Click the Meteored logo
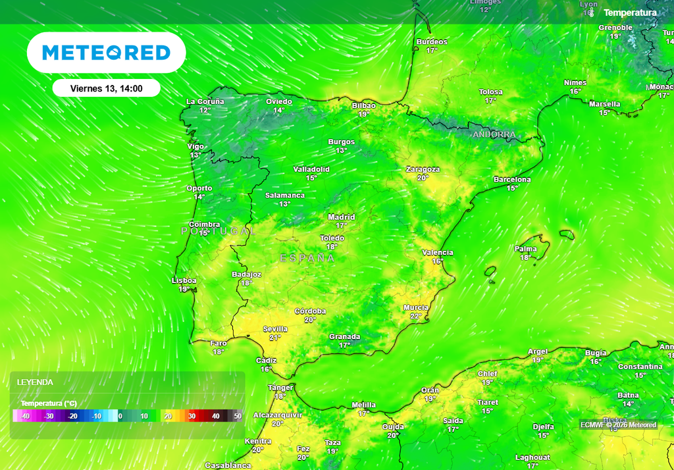coord(106,53)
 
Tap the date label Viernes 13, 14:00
coord(106,88)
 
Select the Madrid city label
coord(342,217)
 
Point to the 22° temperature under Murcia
coord(416,317)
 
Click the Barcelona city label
coord(512,180)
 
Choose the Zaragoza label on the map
coord(423,169)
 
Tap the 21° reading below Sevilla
coord(275,338)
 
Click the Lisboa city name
coord(184,280)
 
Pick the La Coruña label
coord(205,102)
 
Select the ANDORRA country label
coord(494,135)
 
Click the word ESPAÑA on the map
coord(307,259)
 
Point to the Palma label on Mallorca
coord(526,249)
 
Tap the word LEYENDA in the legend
coord(35,382)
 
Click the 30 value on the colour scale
coord(192,416)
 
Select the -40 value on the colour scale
coord(25,416)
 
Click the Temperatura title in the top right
coord(630,13)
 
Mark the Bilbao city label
coord(364,105)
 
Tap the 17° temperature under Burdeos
coord(432,51)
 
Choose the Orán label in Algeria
coord(430,390)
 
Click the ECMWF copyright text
coord(618,425)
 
